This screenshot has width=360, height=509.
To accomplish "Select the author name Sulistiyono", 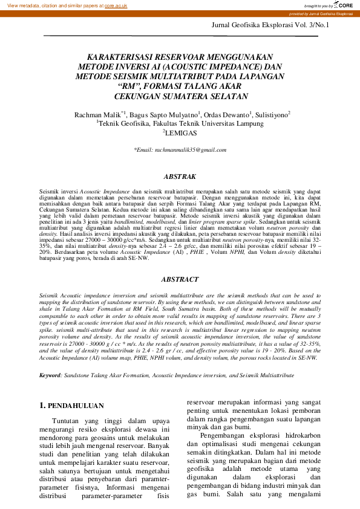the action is (271, 114).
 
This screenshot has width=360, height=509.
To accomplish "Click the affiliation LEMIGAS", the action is (182, 131).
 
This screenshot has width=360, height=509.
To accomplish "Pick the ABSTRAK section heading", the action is (180, 177).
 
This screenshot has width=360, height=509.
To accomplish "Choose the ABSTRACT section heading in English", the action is (180, 279).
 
